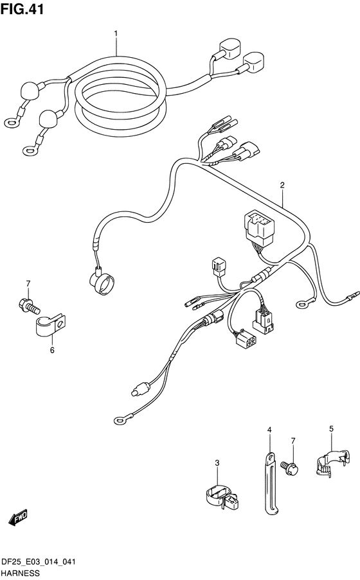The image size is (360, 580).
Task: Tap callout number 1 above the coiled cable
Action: pos(116,33)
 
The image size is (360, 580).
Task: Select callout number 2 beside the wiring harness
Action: pos(282,185)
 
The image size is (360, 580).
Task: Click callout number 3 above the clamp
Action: pos(217,462)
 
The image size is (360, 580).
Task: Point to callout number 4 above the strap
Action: pos(269,430)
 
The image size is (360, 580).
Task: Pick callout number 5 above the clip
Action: pos(331,428)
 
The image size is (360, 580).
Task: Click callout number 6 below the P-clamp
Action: pos(52,349)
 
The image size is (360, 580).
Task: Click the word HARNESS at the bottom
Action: pos(21,574)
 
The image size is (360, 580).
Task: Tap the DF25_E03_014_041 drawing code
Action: pos(39,562)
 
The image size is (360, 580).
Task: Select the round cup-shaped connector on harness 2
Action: pos(102,283)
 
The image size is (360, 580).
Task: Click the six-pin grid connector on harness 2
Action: pos(245,337)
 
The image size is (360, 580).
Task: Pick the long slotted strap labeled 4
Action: pos(271,483)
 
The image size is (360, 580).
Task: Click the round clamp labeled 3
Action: pos(222,498)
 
